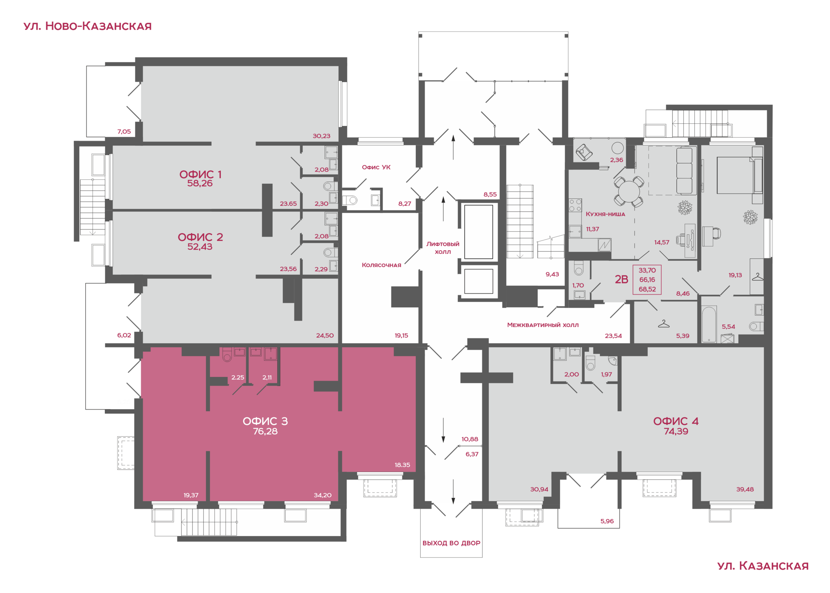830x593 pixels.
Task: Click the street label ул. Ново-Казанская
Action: point(87,26)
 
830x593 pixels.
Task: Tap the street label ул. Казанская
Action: point(763,566)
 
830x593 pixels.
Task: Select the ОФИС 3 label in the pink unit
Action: point(265,421)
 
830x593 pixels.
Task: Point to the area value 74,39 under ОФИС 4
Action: point(676,431)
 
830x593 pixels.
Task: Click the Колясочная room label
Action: point(381,265)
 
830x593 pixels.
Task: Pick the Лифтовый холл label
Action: point(443,248)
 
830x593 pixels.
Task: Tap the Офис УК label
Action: point(376,167)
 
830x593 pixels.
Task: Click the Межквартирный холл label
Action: point(543,325)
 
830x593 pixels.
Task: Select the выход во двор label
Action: point(451,543)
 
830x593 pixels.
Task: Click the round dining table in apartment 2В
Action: point(629,192)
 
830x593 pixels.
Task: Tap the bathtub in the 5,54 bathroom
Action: point(709,324)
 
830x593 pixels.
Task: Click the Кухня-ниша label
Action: point(605,214)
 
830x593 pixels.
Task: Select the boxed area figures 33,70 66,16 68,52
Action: point(647,280)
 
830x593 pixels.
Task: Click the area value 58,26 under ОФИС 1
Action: point(200,183)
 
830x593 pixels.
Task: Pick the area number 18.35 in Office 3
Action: point(402,465)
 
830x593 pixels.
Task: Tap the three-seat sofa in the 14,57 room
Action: point(684,171)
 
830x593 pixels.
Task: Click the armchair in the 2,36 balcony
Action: point(584,152)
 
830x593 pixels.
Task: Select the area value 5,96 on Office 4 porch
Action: point(607,521)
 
